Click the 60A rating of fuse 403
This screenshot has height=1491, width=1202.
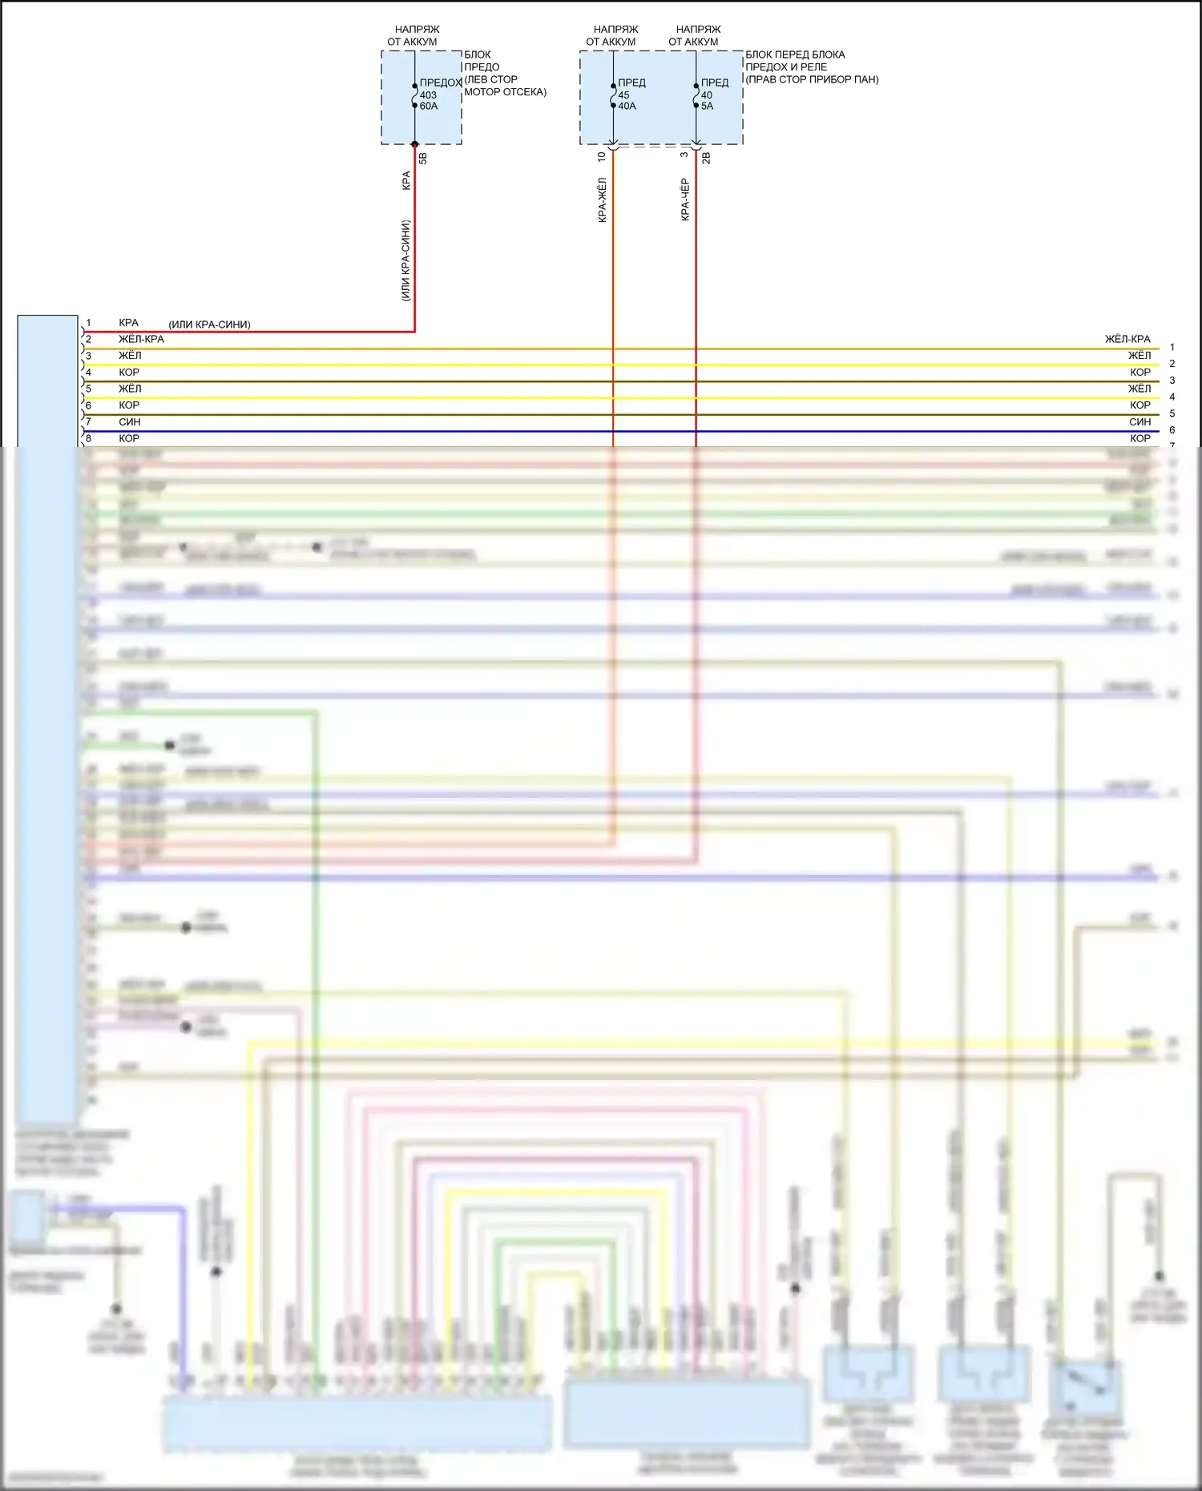click(429, 107)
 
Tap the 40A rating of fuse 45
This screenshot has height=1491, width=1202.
click(627, 107)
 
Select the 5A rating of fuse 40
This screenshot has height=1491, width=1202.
click(707, 107)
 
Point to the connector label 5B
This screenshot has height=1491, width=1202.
click(423, 159)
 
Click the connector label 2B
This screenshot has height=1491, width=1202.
click(706, 159)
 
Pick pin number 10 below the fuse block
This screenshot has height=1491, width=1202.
click(602, 157)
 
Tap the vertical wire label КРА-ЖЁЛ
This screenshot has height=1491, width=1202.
click(603, 199)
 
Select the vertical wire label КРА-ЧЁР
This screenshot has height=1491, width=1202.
click(685, 199)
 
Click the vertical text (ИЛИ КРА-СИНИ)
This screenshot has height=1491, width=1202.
click(405, 260)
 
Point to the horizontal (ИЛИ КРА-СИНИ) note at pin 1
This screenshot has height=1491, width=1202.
click(209, 324)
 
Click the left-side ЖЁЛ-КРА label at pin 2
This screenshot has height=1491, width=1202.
click(141, 339)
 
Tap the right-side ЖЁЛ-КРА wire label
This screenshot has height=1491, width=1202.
click(1127, 339)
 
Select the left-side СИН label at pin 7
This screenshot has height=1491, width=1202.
click(130, 422)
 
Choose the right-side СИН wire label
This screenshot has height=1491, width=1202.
click(1139, 422)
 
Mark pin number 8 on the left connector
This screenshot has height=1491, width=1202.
click(88, 438)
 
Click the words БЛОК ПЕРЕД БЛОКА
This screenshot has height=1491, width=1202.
click(795, 54)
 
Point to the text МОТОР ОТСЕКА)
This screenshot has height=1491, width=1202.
click(505, 92)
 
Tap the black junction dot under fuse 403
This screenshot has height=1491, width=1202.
click(415, 144)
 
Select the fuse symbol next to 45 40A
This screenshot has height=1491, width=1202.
click(614, 95)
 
